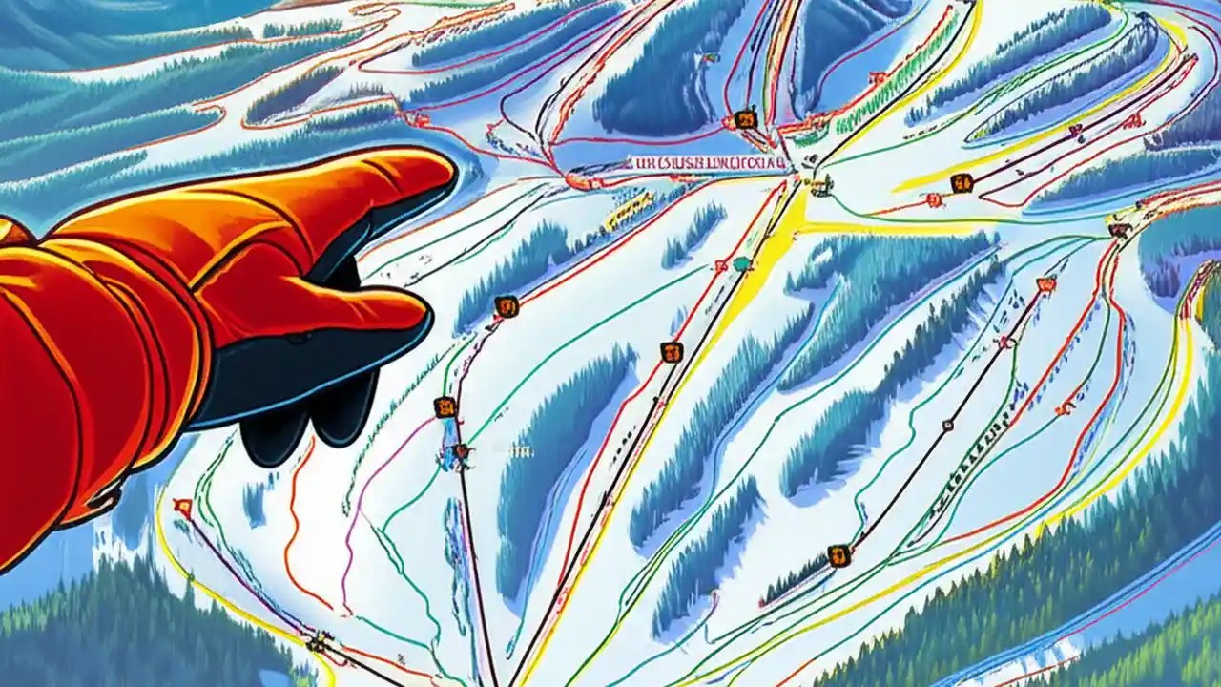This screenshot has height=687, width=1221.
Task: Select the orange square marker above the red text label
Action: click(745, 119)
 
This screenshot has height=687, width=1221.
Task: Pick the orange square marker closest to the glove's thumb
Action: click(507, 306)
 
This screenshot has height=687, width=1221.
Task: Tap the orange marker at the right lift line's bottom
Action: click(838, 554)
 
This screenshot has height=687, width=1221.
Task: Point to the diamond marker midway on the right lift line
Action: click(947, 425)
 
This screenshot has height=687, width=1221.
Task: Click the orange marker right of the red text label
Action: click(961, 182)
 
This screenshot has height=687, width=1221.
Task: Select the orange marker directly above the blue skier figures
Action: click(445, 407)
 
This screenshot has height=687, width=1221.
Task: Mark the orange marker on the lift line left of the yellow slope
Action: click(672, 352)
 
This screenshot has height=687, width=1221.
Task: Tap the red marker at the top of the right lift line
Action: click(1046, 283)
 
